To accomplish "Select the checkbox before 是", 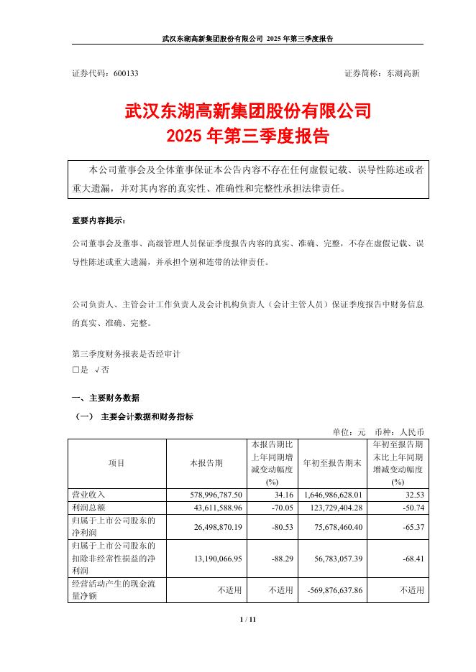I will point(75,369).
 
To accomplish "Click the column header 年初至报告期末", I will point(331,462).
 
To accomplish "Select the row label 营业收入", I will point(86,495).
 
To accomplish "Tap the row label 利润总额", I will point(86,507).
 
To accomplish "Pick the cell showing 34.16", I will point(283,495).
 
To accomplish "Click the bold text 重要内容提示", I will point(102,220).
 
